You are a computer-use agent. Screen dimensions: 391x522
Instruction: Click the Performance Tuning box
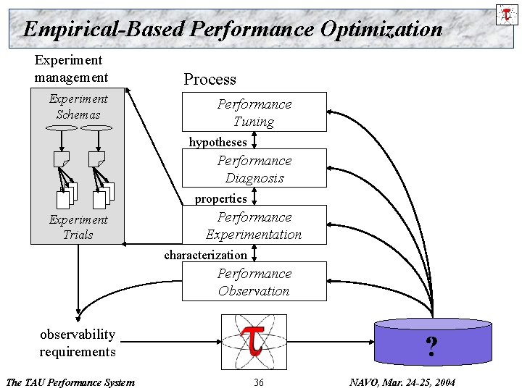pyautogui.click(x=254, y=112)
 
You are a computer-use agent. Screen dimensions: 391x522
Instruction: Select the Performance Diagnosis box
pyautogui.click(x=254, y=169)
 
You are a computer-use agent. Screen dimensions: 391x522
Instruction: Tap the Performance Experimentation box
pyautogui.click(x=254, y=225)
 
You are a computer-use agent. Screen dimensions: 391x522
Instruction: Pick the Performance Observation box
pyautogui.click(x=254, y=282)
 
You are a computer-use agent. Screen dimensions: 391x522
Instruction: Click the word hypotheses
pyautogui.click(x=217, y=142)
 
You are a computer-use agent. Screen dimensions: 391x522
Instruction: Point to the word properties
pyautogui.click(x=220, y=198)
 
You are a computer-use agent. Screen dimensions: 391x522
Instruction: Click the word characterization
pyautogui.click(x=205, y=255)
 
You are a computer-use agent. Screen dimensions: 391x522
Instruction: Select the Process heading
pyautogui.click(x=210, y=80)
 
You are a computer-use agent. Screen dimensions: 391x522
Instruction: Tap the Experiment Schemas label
pyautogui.click(x=78, y=106)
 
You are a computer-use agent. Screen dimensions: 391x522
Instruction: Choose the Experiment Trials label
pyautogui.click(x=78, y=227)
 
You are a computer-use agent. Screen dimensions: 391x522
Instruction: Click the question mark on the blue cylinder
pyautogui.click(x=431, y=348)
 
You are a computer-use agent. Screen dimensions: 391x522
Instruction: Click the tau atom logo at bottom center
pyautogui.click(x=253, y=341)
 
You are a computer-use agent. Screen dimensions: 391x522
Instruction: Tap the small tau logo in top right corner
pyautogui.click(x=505, y=14)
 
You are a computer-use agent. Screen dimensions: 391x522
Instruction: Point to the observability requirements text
pyautogui.click(x=78, y=342)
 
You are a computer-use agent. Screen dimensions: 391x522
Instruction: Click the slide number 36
pyautogui.click(x=258, y=382)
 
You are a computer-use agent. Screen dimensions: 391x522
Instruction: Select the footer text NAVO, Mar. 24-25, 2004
pyautogui.click(x=402, y=382)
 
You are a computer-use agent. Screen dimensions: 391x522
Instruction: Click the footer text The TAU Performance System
pyautogui.click(x=70, y=382)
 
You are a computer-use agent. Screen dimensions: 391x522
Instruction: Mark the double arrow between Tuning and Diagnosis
pyautogui.click(x=254, y=140)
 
